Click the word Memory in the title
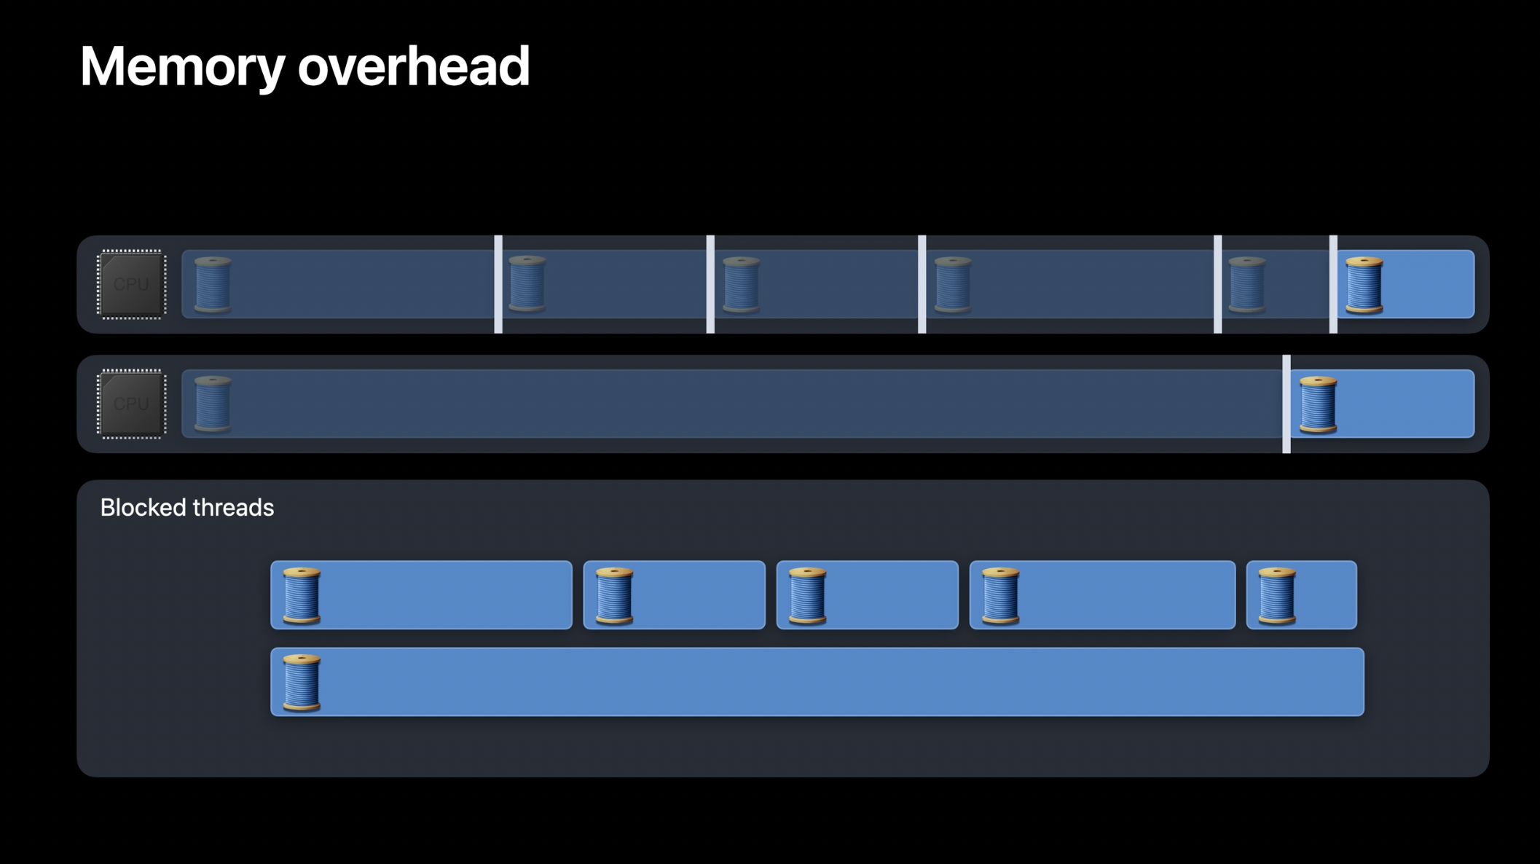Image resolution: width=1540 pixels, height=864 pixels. click(181, 67)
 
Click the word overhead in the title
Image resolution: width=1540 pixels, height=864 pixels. click(413, 67)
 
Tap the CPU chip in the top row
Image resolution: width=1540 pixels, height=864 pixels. click(131, 284)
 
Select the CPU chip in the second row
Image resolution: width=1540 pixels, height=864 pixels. click(131, 404)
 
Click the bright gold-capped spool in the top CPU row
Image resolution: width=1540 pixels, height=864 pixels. click(1364, 285)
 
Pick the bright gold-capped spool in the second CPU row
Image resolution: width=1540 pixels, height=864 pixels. click(1318, 404)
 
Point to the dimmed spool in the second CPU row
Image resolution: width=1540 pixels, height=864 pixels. click(213, 404)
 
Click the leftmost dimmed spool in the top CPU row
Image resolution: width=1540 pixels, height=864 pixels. click(213, 285)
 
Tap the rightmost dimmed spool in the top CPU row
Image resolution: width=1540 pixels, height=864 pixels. click(1246, 285)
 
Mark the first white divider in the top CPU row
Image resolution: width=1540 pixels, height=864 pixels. click(498, 284)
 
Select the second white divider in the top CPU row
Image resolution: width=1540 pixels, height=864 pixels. click(710, 284)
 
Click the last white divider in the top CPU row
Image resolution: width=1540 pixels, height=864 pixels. click(1333, 284)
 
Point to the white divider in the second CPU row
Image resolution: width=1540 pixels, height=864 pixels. click(1286, 404)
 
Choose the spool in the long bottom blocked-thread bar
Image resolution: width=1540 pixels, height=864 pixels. click(302, 682)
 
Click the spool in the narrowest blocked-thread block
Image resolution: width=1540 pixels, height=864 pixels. click(1277, 595)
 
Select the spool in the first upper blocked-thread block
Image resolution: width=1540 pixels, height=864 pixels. click(302, 595)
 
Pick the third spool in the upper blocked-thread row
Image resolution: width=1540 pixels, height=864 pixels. click(807, 595)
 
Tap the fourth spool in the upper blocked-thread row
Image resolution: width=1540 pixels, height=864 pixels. click(1000, 595)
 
